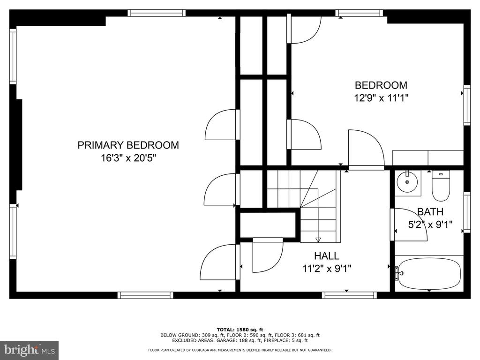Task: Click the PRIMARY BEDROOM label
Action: click(x=128, y=145)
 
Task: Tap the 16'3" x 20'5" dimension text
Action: click(x=128, y=158)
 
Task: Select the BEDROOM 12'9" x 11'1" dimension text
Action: click(x=381, y=98)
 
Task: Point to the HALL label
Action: click(x=327, y=255)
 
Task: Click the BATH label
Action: click(x=430, y=211)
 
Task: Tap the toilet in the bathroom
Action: click(x=441, y=186)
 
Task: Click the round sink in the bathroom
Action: click(x=407, y=182)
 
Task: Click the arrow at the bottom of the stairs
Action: click(x=318, y=240)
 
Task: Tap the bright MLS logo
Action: click(x=30, y=350)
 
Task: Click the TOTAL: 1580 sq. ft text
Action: click(x=240, y=330)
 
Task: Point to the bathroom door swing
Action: click(x=409, y=225)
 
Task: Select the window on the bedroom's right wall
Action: click(x=467, y=105)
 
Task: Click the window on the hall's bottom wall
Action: click(x=349, y=295)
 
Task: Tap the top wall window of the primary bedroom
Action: click(x=157, y=13)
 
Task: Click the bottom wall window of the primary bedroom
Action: click(x=145, y=295)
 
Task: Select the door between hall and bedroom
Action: click(x=366, y=150)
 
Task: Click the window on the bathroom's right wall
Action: click(x=467, y=212)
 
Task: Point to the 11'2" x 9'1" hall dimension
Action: click(x=327, y=269)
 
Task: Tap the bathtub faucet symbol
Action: click(x=398, y=273)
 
